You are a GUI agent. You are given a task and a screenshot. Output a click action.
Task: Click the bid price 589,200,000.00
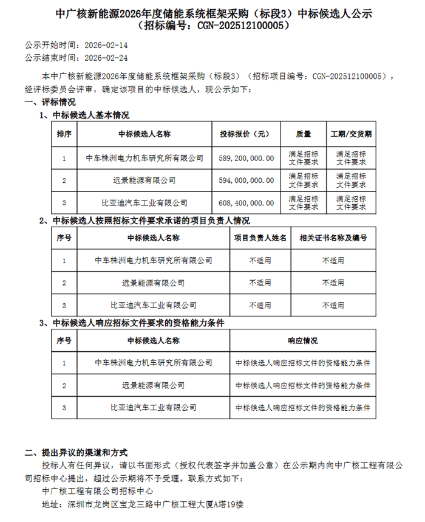pyautogui.click(x=246, y=158)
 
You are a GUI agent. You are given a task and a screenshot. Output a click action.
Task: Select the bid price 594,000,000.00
pyautogui.click(x=246, y=180)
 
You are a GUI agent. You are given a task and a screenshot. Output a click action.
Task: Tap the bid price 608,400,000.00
pyautogui.click(x=246, y=202)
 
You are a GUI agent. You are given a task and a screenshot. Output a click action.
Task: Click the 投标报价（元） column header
pyautogui.click(x=246, y=134)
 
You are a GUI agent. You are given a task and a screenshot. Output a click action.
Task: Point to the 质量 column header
pyautogui.click(x=303, y=134)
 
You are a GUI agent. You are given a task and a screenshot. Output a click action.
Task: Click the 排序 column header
pyautogui.click(x=64, y=134)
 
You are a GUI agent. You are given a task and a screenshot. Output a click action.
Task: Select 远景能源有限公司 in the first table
pyautogui.click(x=144, y=180)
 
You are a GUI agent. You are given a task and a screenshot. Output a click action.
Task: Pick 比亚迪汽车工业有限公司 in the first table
pyautogui.click(x=144, y=202)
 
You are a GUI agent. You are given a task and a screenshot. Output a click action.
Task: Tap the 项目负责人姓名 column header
pyautogui.click(x=260, y=238)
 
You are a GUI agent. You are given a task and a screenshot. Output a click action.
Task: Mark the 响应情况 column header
pyautogui.click(x=302, y=341)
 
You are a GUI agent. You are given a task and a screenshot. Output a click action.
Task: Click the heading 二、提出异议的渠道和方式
pyautogui.click(x=76, y=453)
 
